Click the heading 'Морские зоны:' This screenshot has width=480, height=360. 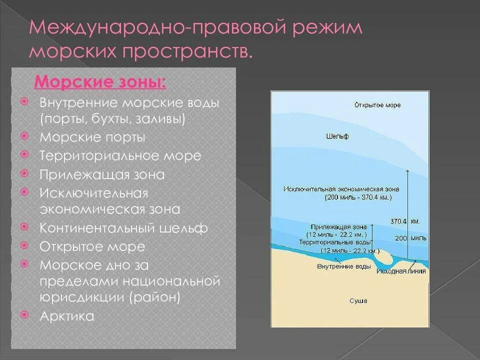100,81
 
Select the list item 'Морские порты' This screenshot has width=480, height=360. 92,137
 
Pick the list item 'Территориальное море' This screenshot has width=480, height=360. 120,155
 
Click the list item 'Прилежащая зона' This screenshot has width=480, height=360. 102,174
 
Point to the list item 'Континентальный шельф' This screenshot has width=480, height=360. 124,228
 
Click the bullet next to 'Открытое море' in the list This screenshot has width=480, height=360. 24,246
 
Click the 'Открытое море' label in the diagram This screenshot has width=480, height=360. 377,105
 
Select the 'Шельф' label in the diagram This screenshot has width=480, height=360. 337,136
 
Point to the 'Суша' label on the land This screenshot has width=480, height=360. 358,301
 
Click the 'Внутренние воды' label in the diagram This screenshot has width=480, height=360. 344,266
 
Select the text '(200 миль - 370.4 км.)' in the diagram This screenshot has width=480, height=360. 351,197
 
